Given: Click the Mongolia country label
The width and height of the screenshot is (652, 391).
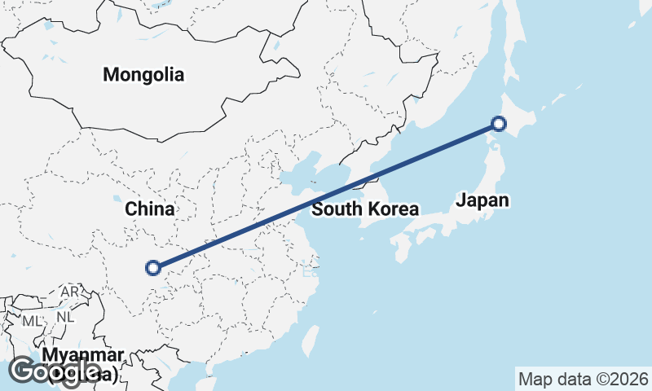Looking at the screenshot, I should (143, 75).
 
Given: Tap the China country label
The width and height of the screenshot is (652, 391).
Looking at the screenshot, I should (149, 209).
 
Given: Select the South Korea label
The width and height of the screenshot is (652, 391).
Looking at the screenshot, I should (364, 209).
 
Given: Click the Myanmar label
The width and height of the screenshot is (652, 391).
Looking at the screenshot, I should (83, 356).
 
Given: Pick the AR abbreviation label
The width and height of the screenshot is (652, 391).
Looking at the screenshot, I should (69, 292).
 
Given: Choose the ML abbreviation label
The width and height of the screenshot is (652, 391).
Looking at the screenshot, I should (31, 321).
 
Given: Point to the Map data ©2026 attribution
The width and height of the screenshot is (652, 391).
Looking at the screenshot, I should (583, 379).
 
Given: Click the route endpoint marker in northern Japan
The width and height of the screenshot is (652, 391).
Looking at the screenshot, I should (498, 124).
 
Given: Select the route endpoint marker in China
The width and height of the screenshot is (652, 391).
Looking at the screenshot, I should (152, 266).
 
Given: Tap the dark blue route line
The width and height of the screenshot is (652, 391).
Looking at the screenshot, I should (326, 195).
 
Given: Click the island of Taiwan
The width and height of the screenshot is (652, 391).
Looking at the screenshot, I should (310, 340).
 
